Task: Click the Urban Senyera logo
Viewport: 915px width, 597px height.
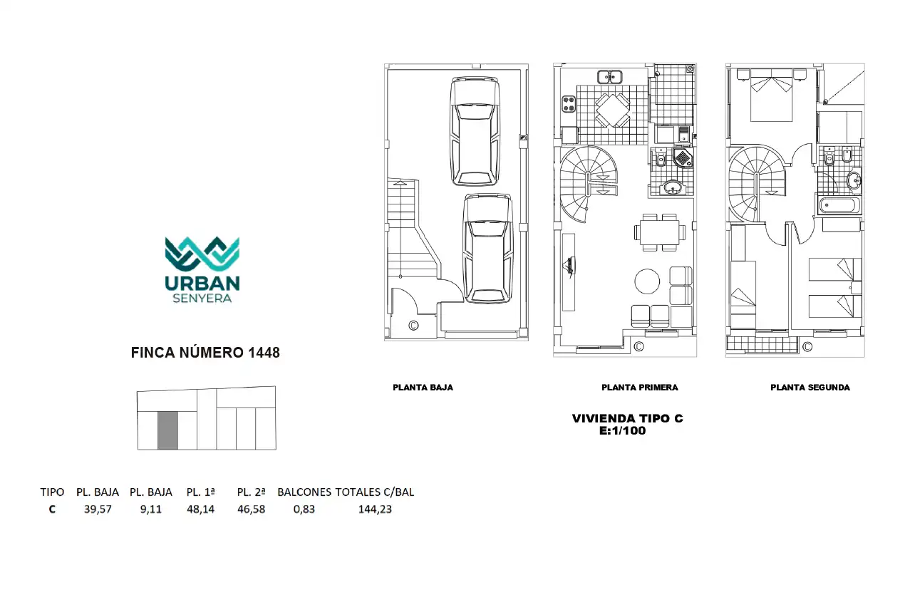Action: (x=202, y=269)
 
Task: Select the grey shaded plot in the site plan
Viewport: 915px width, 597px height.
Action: (x=168, y=430)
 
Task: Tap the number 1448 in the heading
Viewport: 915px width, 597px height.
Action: (x=264, y=353)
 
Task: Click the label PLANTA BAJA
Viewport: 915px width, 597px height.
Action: (x=423, y=388)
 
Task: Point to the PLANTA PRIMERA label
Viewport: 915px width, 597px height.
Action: (x=640, y=388)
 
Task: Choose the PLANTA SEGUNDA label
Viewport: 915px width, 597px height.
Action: (x=810, y=388)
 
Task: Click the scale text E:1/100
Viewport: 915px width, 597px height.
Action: (x=623, y=430)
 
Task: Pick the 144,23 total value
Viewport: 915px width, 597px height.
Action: (x=375, y=509)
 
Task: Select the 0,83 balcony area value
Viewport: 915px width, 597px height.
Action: (x=304, y=509)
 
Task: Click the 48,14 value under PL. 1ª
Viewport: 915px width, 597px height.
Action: (x=200, y=509)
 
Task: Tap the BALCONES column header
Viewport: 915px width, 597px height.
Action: (x=304, y=492)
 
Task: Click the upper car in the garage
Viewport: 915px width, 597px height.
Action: (x=475, y=131)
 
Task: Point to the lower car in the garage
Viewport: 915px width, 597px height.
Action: (x=488, y=248)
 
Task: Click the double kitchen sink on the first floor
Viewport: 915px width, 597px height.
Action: (x=610, y=77)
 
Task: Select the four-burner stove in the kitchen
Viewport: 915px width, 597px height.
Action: (x=568, y=104)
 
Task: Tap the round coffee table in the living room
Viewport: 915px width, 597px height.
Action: (x=647, y=281)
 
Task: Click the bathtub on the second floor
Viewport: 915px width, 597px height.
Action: (x=840, y=205)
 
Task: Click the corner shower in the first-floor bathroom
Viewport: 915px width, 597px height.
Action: (x=683, y=157)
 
